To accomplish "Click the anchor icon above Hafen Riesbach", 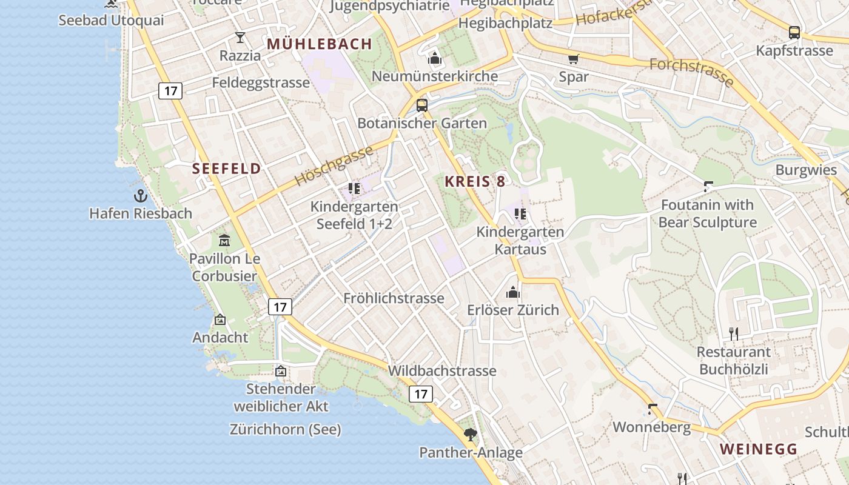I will [140, 196].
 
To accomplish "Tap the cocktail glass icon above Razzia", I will [240, 38].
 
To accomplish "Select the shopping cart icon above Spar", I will [573, 59].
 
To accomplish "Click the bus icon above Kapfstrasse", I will [794, 32].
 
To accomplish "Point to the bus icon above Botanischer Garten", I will [422, 105].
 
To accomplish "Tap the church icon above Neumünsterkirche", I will [434, 58].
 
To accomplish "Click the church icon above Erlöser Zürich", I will [513, 292].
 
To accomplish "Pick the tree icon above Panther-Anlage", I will [471, 434].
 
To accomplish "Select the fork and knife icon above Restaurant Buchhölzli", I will [734, 333].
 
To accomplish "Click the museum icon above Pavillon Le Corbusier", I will [224, 240].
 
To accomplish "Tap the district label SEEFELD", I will [227, 169].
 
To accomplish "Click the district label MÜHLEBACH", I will [319, 44].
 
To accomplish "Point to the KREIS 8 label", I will [475, 181].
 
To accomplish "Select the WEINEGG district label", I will [759, 449].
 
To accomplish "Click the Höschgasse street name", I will [334, 166].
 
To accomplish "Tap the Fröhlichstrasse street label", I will [394, 298].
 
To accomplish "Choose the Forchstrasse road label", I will [691, 72].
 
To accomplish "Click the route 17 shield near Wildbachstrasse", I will [421, 394].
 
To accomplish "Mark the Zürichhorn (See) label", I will [285, 429].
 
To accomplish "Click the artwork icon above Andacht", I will [220, 319].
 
